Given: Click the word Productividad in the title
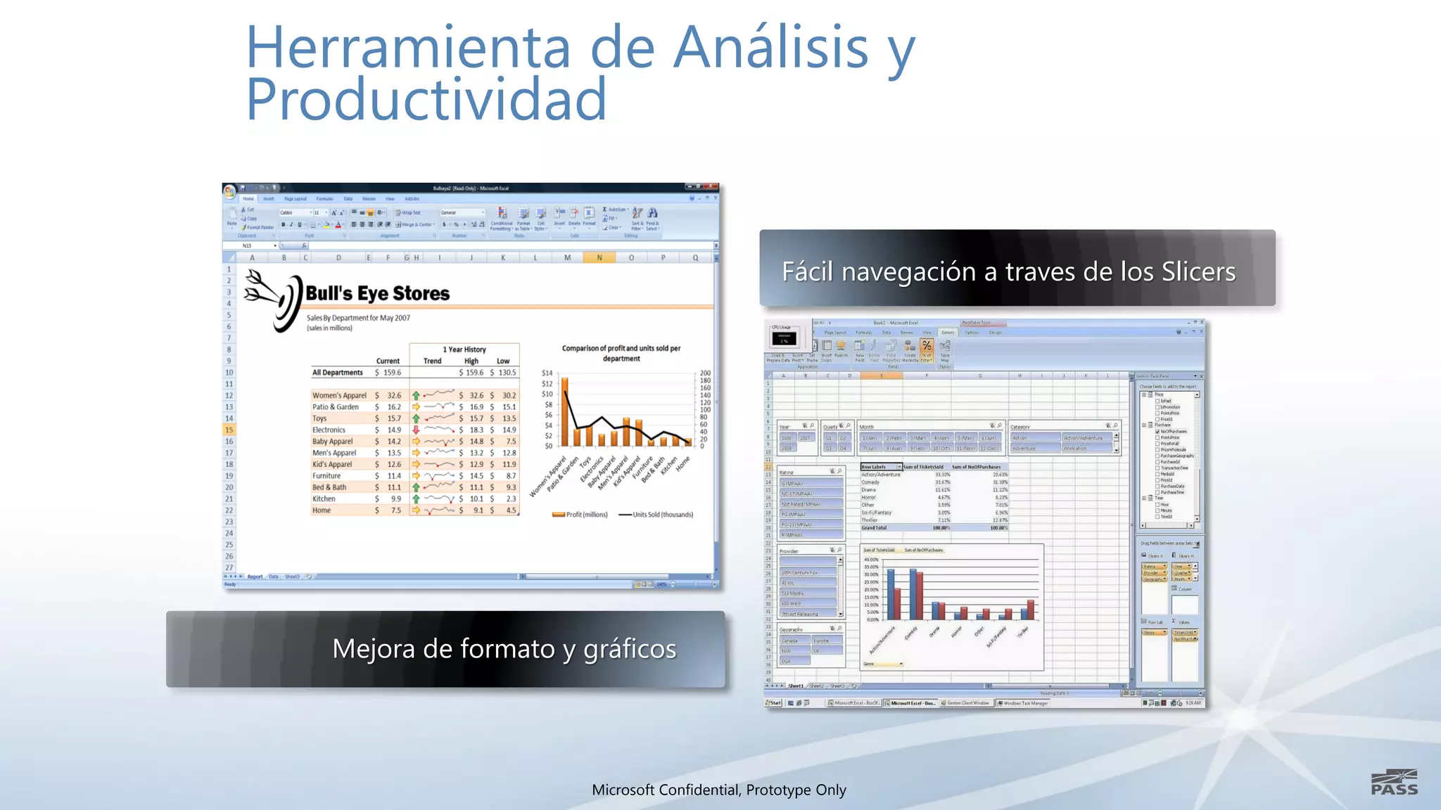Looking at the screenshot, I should tap(426, 100).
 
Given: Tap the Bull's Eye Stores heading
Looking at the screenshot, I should tap(377, 293).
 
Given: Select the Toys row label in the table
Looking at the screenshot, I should tap(319, 418).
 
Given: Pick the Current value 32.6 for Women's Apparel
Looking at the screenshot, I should tap(394, 395).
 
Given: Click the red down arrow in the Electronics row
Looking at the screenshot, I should tap(416, 430).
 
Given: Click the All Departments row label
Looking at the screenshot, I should tap(338, 373).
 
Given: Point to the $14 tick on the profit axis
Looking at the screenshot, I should tap(547, 373).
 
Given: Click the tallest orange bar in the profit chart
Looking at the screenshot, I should tap(564, 412).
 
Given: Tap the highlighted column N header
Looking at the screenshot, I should tap(599, 257).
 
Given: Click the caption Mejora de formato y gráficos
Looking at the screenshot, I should tap(504, 648).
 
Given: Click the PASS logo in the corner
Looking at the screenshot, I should tap(1394, 783).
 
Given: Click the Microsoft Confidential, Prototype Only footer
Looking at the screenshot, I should tap(718, 790).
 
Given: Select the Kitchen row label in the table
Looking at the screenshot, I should tap(324, 499).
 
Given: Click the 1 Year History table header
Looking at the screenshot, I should tap(464, 349).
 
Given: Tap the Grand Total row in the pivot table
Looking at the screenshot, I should tap(874, 527).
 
